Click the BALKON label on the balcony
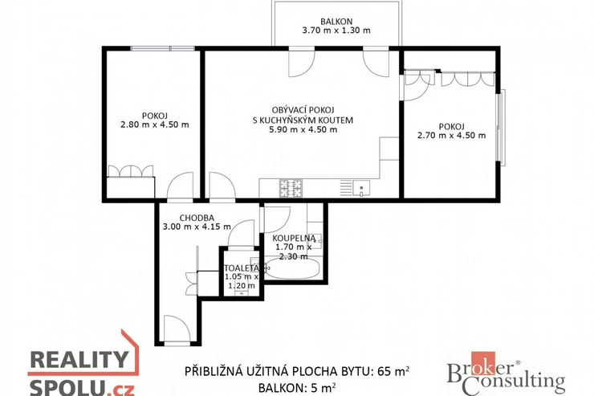[x=336, y=22]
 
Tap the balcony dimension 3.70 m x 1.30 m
[x=336, y=31]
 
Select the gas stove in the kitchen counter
[x=291, y=188]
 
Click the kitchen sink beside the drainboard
[x=361, y=188]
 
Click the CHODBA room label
[x=197, y=218]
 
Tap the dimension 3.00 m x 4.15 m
[x=197, y=227]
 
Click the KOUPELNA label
[x=294, y=239]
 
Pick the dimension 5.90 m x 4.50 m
[x=303, y=129]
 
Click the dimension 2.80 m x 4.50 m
[x=155, y=125]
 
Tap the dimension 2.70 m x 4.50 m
[x=451, y=135]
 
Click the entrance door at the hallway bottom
[x=177, y=329]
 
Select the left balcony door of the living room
[x=302, y=62]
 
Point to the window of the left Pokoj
[x=162, y=48]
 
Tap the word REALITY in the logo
[x=79, y=359]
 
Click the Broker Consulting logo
[x=506, y=374]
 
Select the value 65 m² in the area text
[x=393, y=371]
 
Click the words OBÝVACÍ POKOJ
[x=303, y=110]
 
